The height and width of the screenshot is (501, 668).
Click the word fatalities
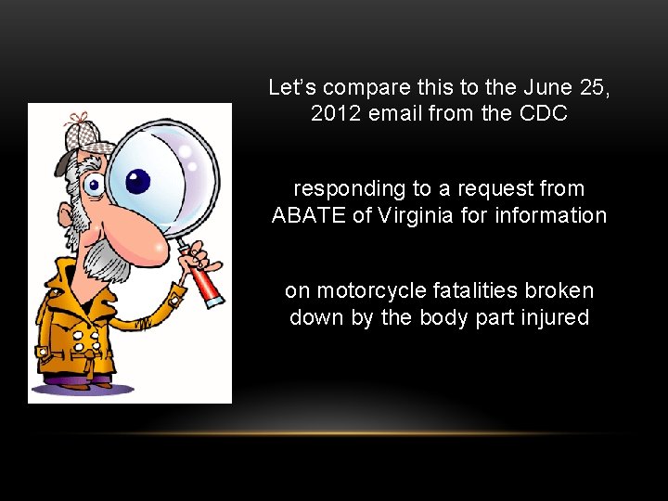click(x=461, y=290)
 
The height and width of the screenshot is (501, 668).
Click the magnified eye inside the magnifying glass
click(x=136, y=181)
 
